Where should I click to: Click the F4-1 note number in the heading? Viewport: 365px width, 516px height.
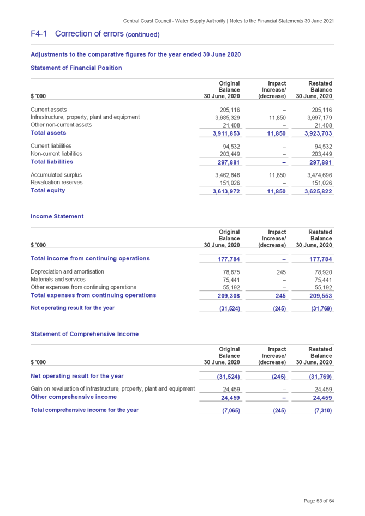click(x=38, y=34)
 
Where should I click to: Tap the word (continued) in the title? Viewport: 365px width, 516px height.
click(x=143, y=35)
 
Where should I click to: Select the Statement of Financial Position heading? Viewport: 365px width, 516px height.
click(x=76, y=68)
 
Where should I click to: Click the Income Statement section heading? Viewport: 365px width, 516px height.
click(x=57, y=217)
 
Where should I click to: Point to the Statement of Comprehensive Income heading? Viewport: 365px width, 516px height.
click(x=85, y=334)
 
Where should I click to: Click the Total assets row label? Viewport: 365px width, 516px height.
click(x=49, y=133)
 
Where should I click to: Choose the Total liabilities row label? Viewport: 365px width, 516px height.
click(x=52, y=162)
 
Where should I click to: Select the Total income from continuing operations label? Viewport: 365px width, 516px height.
click(x=90, y=259)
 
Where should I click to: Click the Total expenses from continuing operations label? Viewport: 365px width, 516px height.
click(x=93, y=295)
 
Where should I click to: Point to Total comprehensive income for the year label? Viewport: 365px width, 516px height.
click(x=85, y=410)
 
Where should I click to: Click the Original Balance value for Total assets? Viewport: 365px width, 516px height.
click(x=226, y=133)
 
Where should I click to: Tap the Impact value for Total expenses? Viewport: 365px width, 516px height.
click(x=281, y=296)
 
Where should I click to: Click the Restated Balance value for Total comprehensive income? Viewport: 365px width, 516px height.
click(x=322, y=410)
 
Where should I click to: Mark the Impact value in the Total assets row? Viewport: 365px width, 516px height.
click(x=278, y=133)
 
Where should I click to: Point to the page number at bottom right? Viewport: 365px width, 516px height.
click(x=319, y=500)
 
